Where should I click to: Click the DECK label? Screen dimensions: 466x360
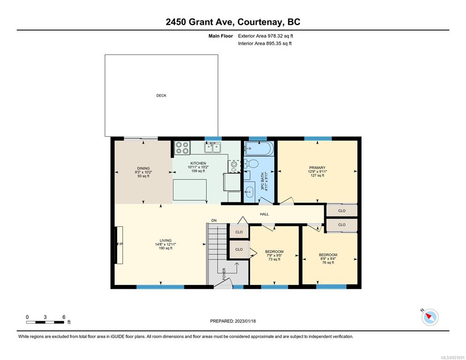coord(161,96)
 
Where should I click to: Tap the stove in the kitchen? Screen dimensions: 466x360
coord(182,148)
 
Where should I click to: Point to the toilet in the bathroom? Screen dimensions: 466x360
coord(249,164)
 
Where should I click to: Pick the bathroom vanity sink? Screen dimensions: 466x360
coord(249,191)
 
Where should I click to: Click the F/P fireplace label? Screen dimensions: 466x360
coord(120,244)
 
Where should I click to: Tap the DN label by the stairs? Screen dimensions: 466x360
coord(214,220)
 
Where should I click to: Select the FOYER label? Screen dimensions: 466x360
coord(224,274)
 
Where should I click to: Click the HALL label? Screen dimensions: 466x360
coord(264,214)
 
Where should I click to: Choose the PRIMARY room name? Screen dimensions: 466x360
coord(317,168)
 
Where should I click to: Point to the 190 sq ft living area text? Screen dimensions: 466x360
coord(165,248)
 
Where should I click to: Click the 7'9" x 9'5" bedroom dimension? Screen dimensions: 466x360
coord(274,255)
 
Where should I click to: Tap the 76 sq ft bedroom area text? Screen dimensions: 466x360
coord(328,262)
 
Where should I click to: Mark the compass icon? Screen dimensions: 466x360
coord(430,317)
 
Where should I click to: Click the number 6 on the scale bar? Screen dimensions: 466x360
coord(64,317)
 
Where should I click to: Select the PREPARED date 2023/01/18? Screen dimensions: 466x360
coord(245,321)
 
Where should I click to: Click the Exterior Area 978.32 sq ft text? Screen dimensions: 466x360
coord(265,36)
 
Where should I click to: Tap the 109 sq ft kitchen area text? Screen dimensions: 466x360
coord(198,171)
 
